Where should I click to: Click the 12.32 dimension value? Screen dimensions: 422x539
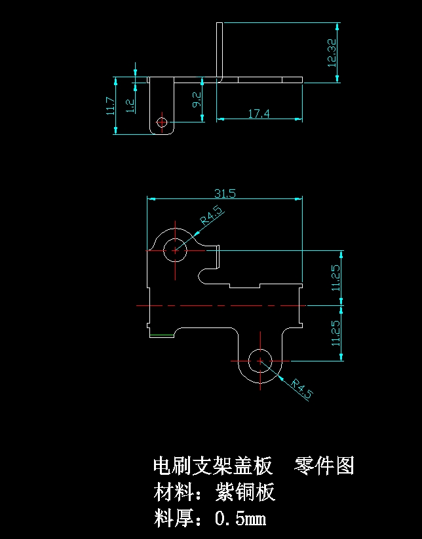tap(332, 52)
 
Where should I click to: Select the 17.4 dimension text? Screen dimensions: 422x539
tap(259, 114)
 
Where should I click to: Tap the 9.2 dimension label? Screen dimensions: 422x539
tap(197, 100)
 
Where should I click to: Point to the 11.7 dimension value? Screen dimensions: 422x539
tap(110, 106)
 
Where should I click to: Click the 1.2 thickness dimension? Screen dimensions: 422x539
tap(130, 105)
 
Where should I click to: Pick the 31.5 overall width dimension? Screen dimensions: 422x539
tap(225, 194)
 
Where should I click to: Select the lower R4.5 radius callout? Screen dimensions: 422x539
tap(301, 389)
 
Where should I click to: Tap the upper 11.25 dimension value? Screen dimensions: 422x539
tap(336, 278)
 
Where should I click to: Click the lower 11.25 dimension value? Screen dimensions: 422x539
tap(336, 333)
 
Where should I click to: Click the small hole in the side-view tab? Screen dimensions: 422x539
tap(162, 122)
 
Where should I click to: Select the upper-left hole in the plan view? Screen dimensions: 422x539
tap(175, 251)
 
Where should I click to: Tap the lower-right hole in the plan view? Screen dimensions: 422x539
tap(260, 361)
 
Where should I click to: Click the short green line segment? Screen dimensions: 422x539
tap(162, 335)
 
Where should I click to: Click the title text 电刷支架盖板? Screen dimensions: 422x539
tap(212, 466)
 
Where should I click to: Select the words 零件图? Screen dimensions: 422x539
tap(324, 466)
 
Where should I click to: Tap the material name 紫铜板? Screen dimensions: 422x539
tap(245, 492)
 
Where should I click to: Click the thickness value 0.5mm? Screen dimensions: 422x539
tap(240, 518)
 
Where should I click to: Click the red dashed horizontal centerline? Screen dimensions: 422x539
tap(221, 305)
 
